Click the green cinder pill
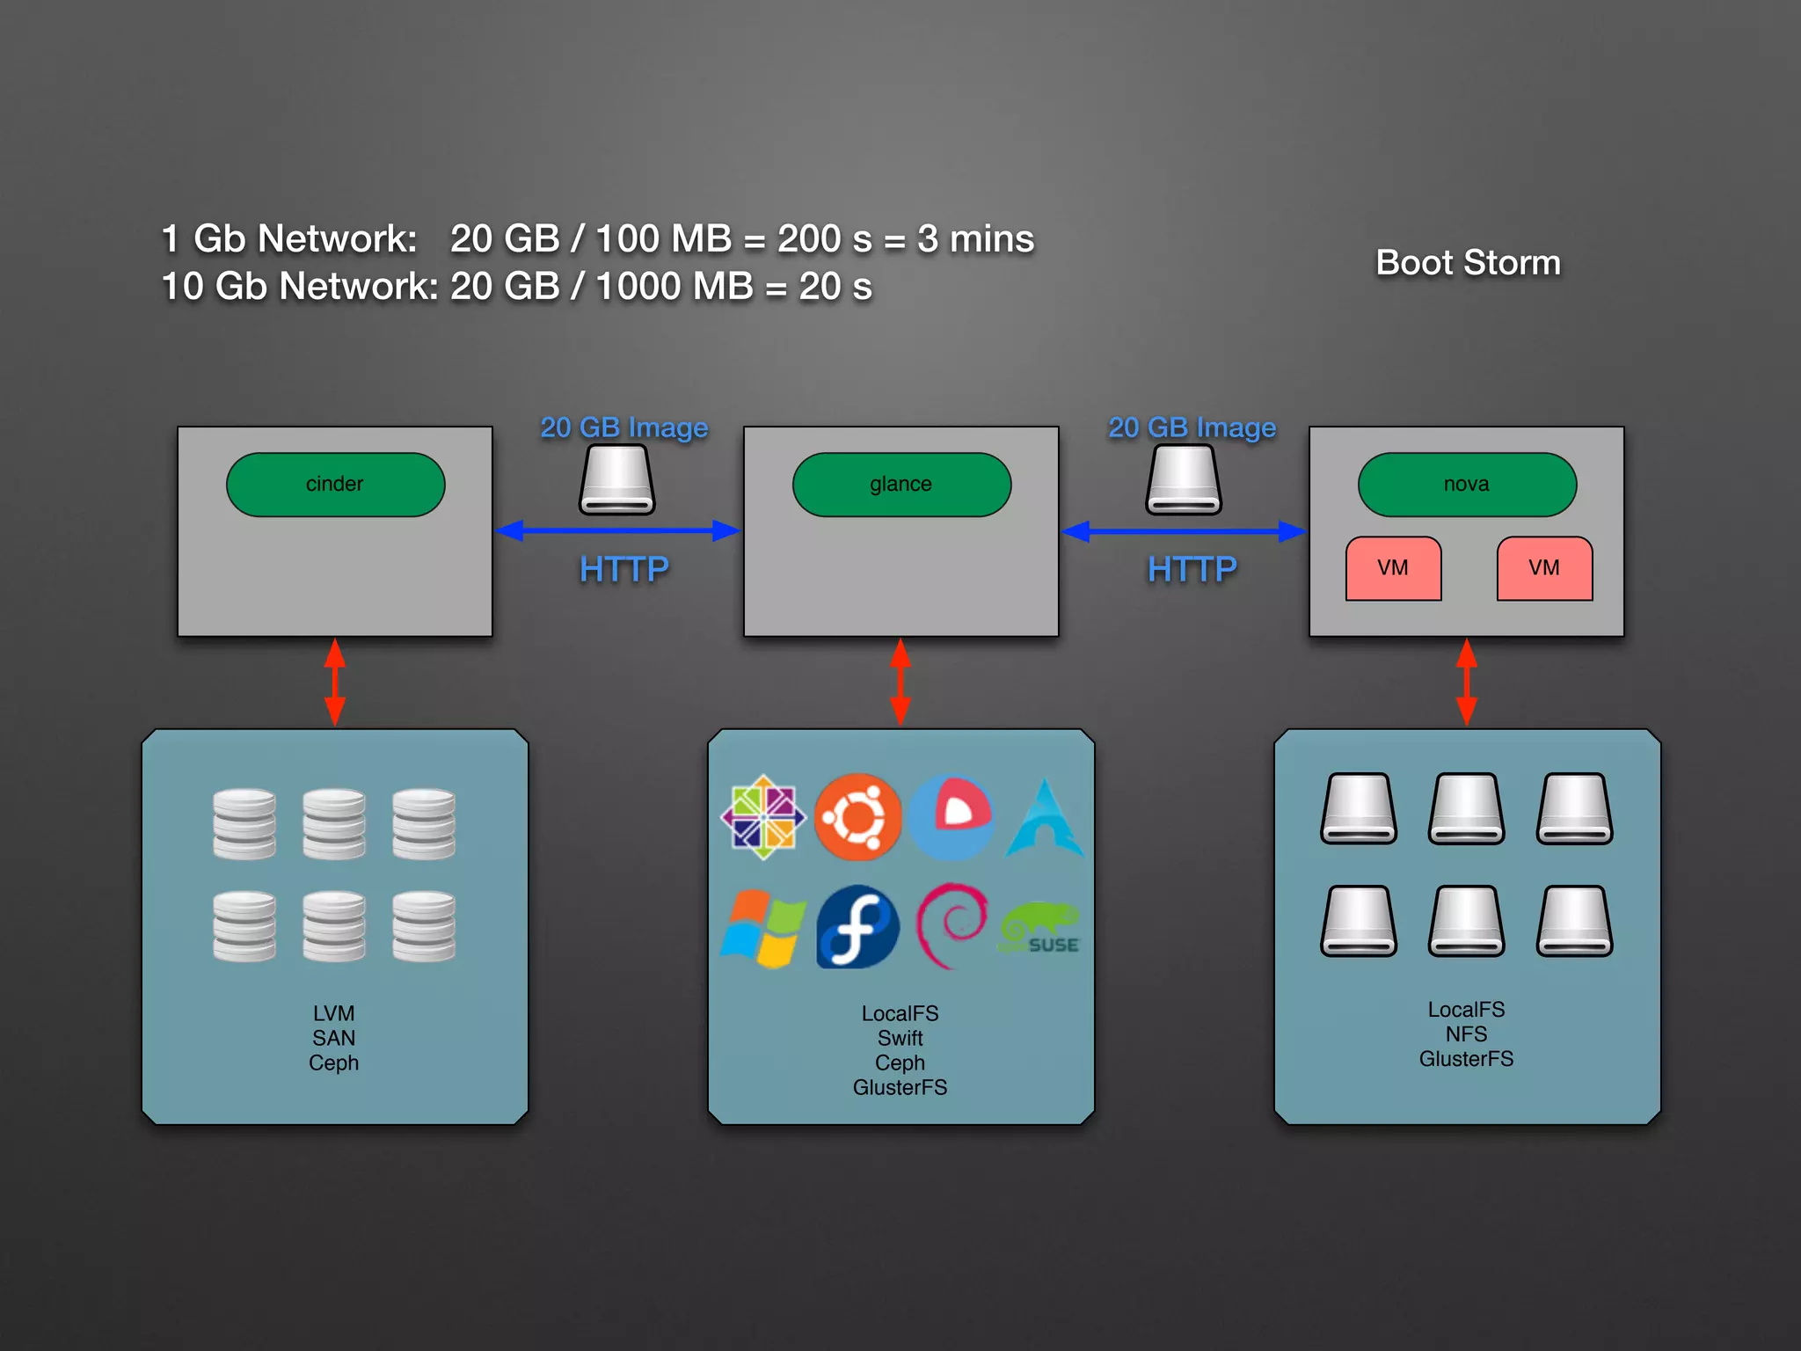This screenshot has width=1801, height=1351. [335, 485]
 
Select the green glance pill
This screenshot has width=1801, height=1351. [901, 485]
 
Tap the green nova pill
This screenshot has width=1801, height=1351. [1467, 485]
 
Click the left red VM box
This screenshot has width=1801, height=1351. [1393, 568]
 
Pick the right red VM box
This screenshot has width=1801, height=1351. [1544, 568]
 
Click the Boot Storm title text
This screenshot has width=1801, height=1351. [1468, 262]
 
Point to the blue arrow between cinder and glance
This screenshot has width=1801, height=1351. [617, 530]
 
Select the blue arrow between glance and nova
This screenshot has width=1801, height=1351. [1184, 531]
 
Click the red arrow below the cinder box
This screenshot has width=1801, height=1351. [335, 682]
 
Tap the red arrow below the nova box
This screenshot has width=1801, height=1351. [1467, 682]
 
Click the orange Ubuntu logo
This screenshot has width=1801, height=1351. [857, 817]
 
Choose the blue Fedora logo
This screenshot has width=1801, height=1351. [857, 927]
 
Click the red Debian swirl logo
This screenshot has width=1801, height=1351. [952, 925]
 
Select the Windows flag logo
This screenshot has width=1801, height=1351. [762, 928]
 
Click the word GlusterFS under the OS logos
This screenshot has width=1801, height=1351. [900, 1088]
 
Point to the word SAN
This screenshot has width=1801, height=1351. [334, 1039]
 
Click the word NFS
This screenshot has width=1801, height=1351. [1466, 1034]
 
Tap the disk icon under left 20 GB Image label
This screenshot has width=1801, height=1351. [617, 479]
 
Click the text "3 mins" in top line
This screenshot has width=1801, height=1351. [975, 238]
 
